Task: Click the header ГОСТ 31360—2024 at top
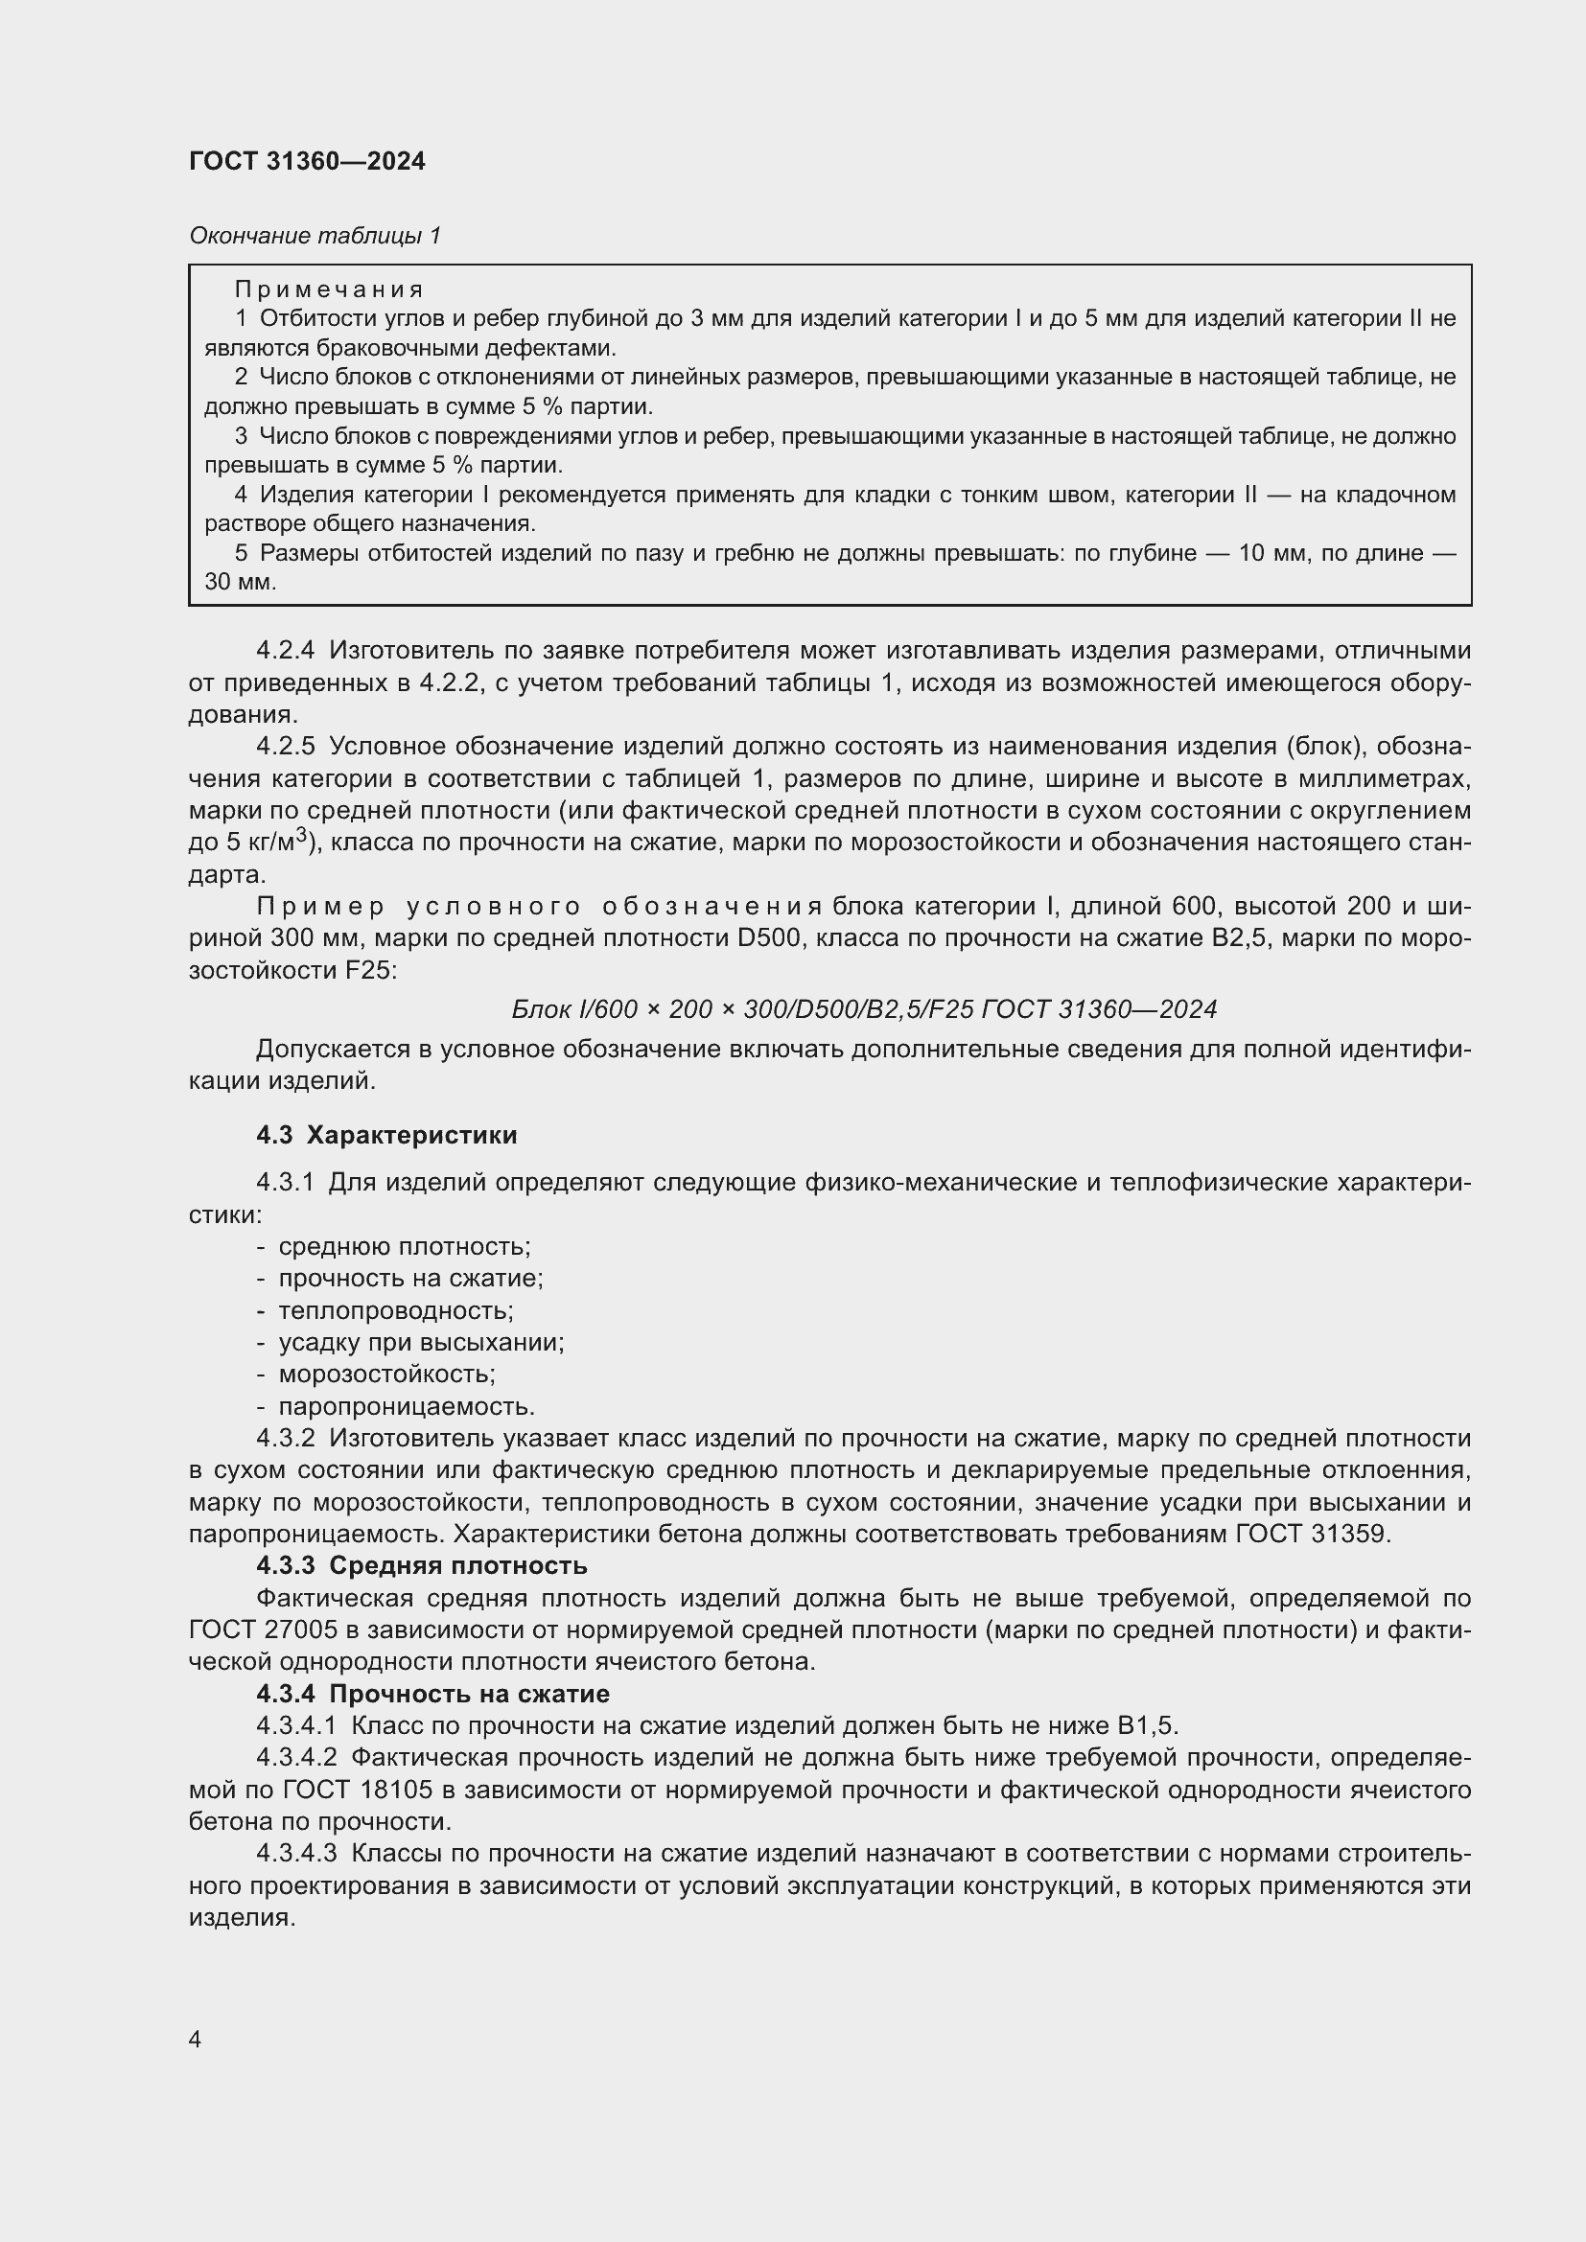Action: coord(307,162)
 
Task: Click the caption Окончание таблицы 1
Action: coord(315,236)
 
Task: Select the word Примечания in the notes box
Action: coord(329,290)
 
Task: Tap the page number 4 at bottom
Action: coord(196,2039)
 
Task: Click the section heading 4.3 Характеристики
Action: coord(385,1135)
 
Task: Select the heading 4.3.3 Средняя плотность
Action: coord(421,1566)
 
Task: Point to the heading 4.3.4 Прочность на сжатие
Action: coord(431,1694)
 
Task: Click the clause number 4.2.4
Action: coord(285,651)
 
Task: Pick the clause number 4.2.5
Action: coord(285,747)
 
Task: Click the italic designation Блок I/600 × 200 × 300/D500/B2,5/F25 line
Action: coord(863,1008)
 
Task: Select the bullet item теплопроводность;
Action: coord(395,1310)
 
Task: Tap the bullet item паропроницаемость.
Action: coord(407,1406)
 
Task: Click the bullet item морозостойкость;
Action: coord(386,1374)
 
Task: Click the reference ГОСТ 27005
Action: coord(263,1629)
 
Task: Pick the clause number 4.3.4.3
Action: coord(296,1854)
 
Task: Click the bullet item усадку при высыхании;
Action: coord(421,1342)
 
